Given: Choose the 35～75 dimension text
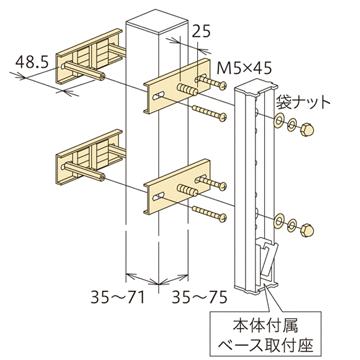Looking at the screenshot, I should (205, 296).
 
